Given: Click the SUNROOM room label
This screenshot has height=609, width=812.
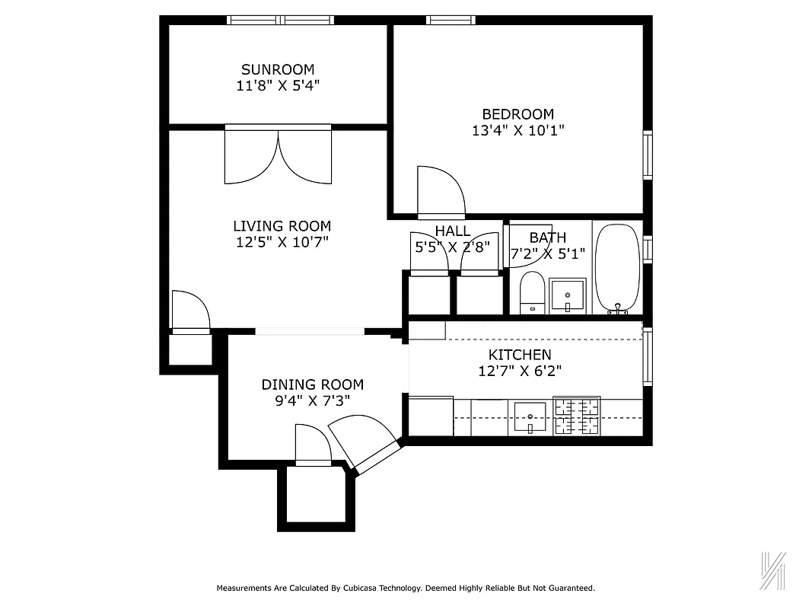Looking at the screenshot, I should [x=278, y=69].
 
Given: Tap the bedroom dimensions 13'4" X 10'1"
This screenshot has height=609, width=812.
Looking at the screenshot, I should [x=518, y=130].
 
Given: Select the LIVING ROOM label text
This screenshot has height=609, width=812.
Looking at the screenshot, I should [x=282, y=226].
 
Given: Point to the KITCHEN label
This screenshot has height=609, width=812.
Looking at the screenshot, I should [x=520, y=355].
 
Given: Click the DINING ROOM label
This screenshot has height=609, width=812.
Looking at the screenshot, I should [x=312, y=384].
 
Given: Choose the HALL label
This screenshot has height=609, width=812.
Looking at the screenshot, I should [x=452, y=231].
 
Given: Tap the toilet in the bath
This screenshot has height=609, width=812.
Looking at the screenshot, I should [x=532, y=294].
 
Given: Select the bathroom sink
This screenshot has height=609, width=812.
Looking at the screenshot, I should [x=568, y=295].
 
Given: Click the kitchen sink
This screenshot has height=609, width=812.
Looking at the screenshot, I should [x=530, y=417].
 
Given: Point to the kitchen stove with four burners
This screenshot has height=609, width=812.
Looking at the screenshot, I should [x=576, y=416].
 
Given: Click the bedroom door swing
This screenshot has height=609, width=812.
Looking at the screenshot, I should [x=441, y=191].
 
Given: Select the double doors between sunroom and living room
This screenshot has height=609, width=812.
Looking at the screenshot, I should [x=279, y=156].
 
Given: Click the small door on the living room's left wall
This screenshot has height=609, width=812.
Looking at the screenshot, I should [x=190, y=311].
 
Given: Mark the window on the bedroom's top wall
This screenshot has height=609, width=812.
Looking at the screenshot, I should [x=450, y=20].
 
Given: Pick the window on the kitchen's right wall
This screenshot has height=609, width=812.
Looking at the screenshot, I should [x=648, y=356].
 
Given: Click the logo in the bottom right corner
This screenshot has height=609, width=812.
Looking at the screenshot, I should [x=772, y=569].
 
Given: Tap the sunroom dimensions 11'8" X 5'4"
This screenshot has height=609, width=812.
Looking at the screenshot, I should [x=278, y=85].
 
